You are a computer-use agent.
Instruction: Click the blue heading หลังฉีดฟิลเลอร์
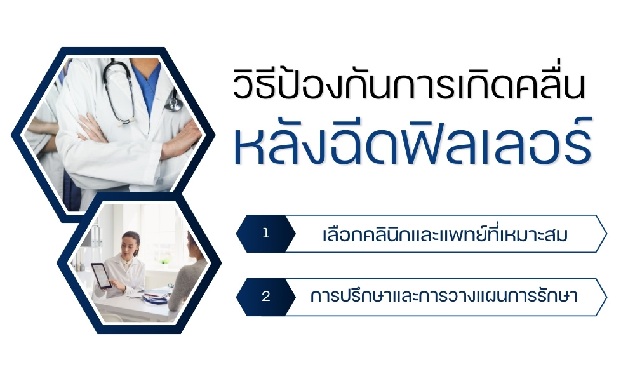(x=413, y=142)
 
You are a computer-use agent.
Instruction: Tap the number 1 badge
(x=265, y=234)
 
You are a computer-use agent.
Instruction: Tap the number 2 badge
(x=265, y=297)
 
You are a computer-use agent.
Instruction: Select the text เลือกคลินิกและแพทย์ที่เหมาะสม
(x=444, y=234)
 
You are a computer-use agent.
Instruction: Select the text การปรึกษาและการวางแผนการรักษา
(x=444, y=296)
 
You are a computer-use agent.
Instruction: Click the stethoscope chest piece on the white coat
(x=173, y=105)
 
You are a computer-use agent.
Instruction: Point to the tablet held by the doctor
(x=101, y=276)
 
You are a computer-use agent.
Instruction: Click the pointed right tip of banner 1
(x=606, y=234)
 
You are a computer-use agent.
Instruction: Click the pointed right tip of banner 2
(x=606, y=297)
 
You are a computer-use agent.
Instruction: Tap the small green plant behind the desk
(x=164, y=262)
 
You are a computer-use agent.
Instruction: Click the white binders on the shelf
(x=96, y=236)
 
